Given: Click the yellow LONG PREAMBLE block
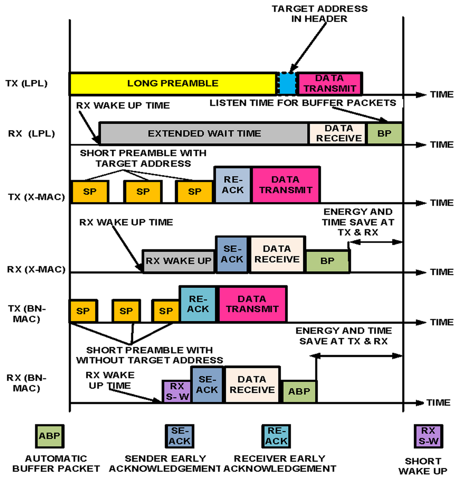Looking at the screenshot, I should click(x=173, y=84).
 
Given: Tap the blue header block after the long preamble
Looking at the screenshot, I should click(x=287, y=84).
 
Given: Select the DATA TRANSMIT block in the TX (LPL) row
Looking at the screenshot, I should click(x=329, y=83).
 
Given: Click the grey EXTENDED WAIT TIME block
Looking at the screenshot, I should click(x=204, y=133).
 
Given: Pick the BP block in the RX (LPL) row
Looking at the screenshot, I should click(x=384, y=133).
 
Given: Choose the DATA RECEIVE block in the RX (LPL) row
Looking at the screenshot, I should click(x=338, y=133).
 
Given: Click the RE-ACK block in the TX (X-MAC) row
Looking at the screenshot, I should click(x=233, y=185).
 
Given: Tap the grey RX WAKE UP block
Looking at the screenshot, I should click(x=178, y=261).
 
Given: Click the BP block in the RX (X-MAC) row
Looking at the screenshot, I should click(x=328, y=261).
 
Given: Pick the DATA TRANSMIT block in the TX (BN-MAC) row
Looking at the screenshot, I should click(x=252, y=304).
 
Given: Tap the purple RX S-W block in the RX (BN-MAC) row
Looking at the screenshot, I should click(x=177, y=391).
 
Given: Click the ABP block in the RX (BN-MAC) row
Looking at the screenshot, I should click(x=299, y=391).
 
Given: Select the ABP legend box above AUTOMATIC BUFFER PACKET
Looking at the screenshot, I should click(x=49, y=435).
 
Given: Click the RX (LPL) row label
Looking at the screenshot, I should click(x=31, y=133).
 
